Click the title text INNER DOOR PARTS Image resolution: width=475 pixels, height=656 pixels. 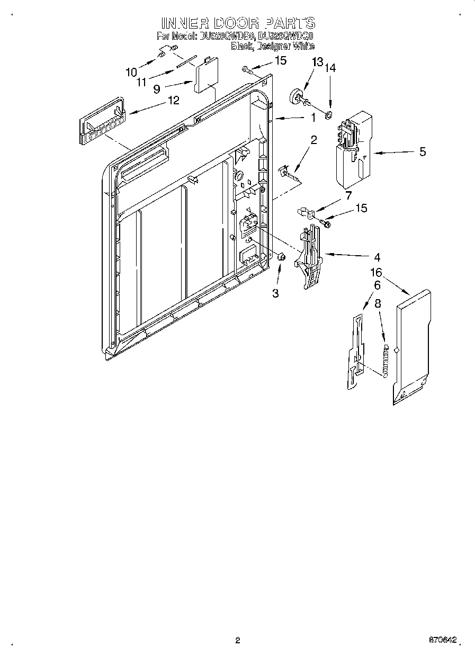(238, 23)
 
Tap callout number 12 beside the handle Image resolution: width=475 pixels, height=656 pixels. (173, 100)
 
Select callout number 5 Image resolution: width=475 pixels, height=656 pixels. (422, 152)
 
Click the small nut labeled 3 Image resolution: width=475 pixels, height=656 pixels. (282, 257)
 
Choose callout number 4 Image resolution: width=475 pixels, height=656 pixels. (377, 258)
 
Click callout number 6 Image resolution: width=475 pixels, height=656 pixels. (377, 285)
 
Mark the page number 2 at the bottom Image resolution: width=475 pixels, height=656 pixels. (238, 640)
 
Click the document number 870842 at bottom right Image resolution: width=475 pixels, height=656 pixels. (443, 640)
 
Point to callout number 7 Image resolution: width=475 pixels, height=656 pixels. (348, 196)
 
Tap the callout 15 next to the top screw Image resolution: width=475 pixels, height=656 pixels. (280, 60)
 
